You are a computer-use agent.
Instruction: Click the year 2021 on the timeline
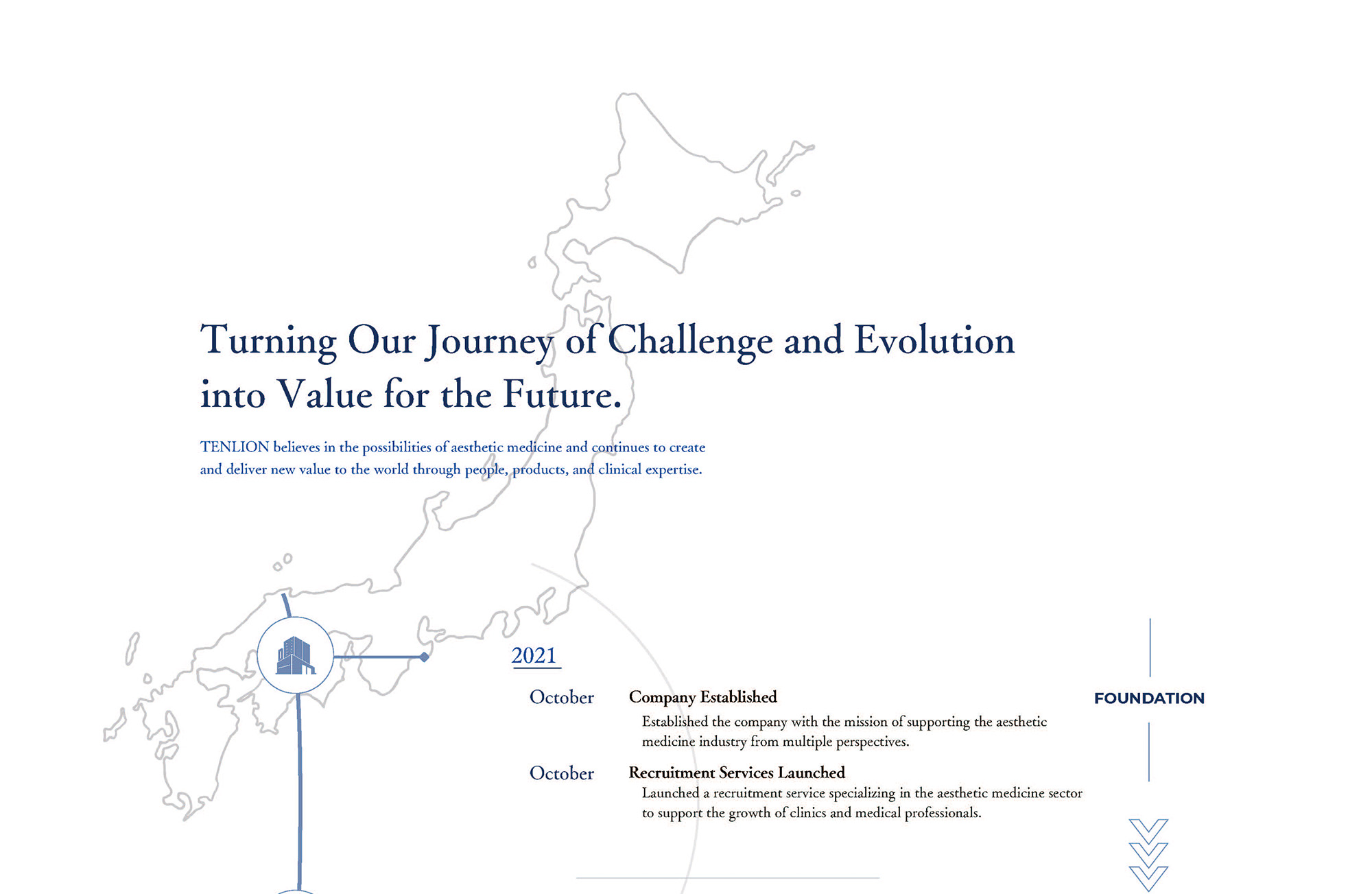534,655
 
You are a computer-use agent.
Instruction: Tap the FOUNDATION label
1149,698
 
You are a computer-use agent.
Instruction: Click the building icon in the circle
296,655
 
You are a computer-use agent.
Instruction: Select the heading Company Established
702,697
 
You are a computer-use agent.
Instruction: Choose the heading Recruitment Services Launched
737,773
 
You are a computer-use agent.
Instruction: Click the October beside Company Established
562,697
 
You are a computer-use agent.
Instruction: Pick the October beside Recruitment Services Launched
562,773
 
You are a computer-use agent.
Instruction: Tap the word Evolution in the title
934,340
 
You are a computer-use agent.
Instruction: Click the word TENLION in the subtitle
235,447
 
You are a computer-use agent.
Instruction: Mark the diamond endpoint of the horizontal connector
425,657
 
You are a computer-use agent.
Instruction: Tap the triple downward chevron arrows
1148,855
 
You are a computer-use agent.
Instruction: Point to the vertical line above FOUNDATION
1150,648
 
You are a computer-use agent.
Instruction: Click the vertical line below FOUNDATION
1149,752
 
